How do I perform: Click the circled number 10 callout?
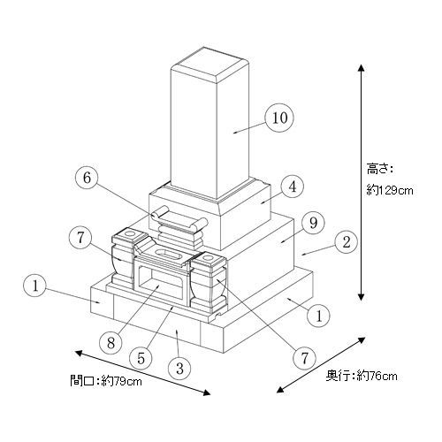point(279,118)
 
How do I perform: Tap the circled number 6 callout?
point(87,178)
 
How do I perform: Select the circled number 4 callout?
point(292,187)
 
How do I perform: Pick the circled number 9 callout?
point(313,223)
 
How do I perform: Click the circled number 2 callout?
point(346,242)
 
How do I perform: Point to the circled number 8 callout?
point(110,343)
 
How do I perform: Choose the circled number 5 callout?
point(141,358)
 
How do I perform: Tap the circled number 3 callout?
point(179,369)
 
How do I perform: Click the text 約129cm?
point(390,190)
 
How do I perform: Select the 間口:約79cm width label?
point(106,381)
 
